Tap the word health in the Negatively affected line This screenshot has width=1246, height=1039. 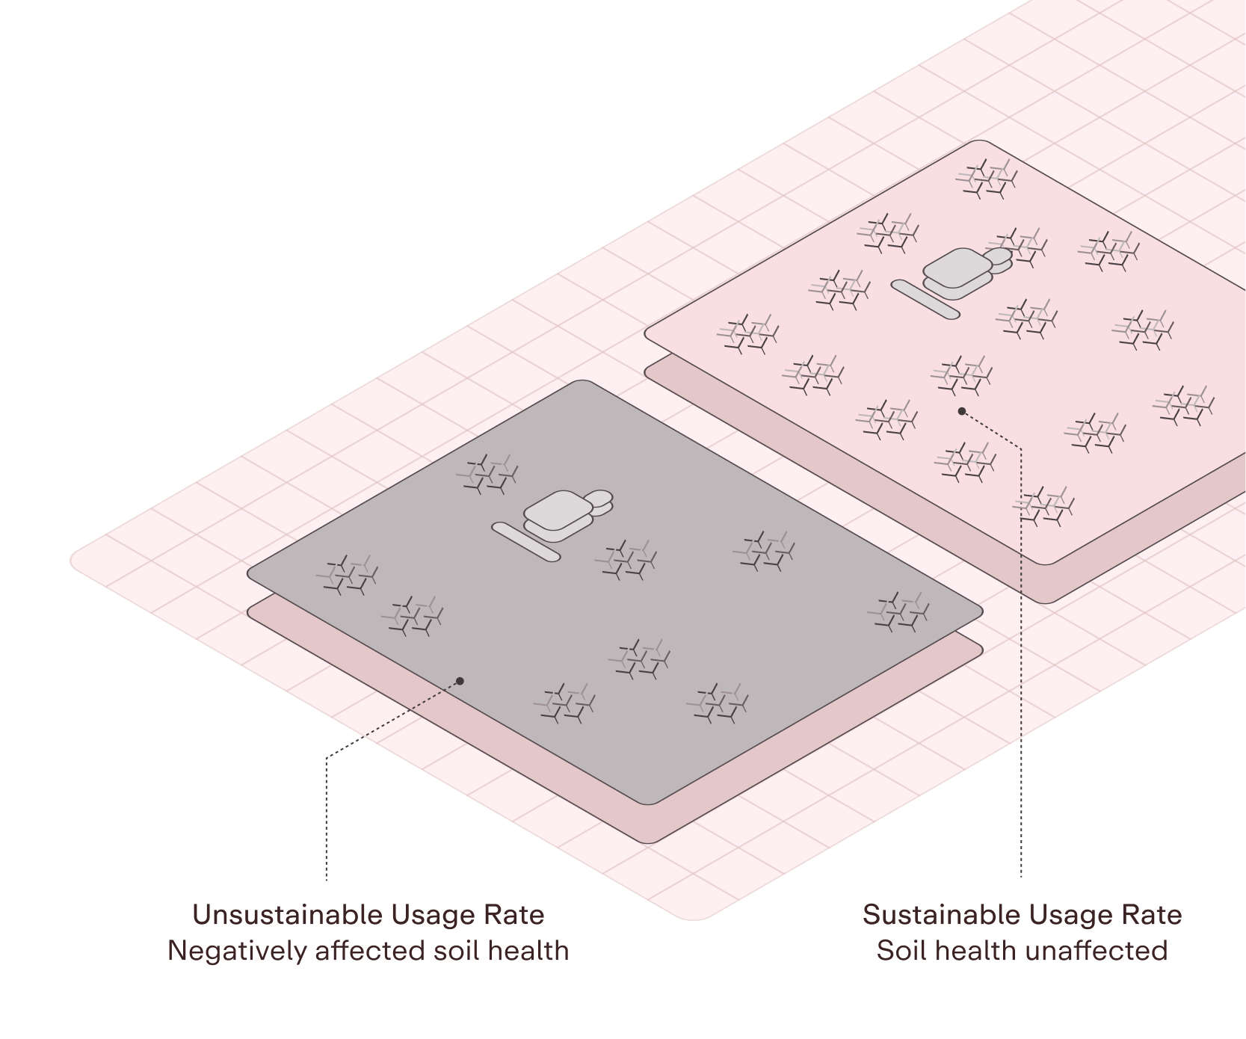529,951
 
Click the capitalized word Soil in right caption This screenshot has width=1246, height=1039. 901,951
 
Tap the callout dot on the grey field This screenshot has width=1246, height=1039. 460,681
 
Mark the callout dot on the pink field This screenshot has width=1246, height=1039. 962,411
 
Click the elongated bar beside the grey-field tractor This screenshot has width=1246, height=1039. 525,542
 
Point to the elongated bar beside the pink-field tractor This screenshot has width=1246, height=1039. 925,299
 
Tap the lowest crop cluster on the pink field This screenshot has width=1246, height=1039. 1043,507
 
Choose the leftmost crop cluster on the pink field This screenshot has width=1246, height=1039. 748,334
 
